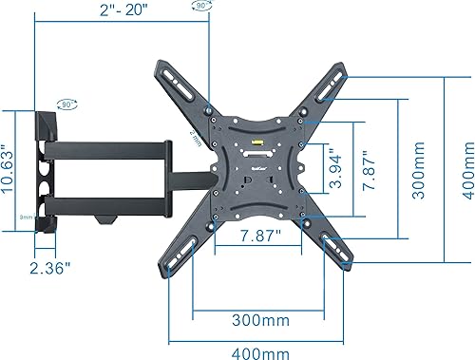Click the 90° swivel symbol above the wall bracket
pyautogui.click(x=67, y=103)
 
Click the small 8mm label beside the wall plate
pyautogui.click(x=28, y=217)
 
